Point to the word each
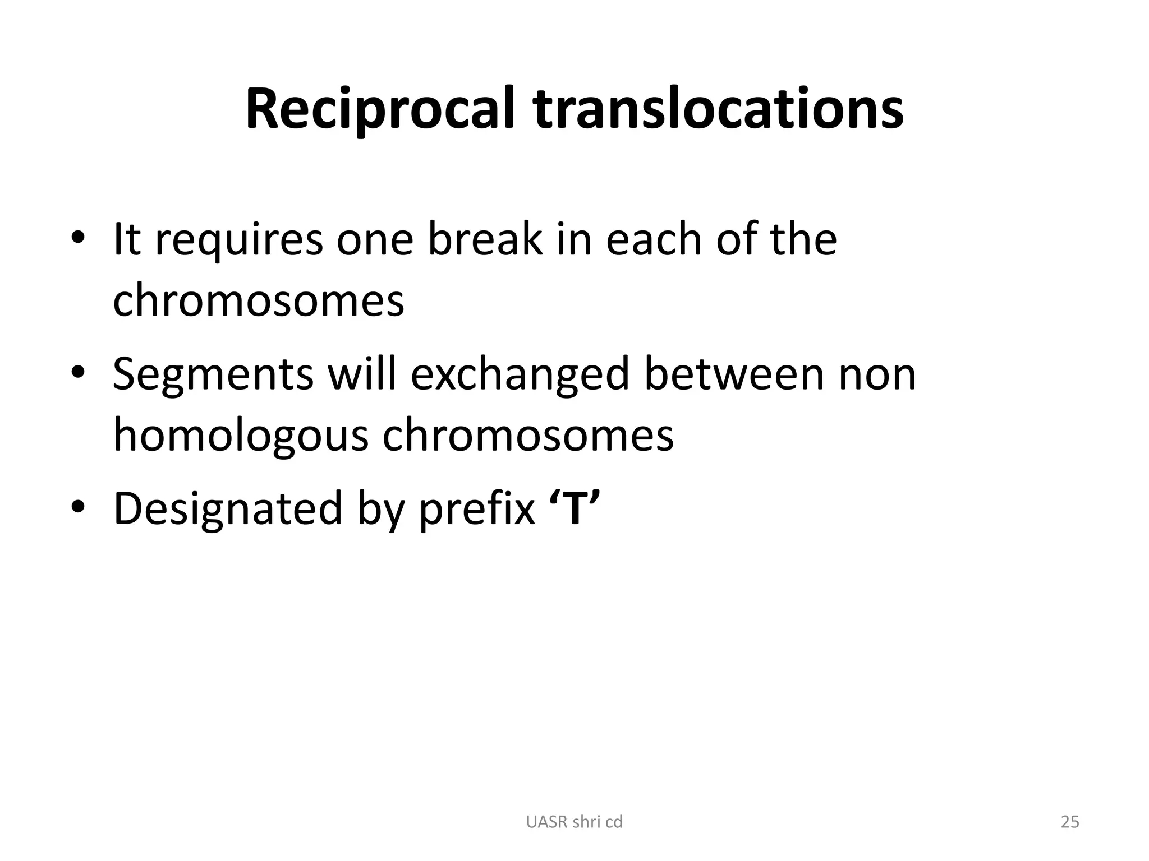(654, 239)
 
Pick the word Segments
(213, 374)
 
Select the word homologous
(241, 435)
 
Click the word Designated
(228, 509)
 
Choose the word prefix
(477, 509)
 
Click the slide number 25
(1070, 822)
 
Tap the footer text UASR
(548, 822)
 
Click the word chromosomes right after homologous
(528, 435)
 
